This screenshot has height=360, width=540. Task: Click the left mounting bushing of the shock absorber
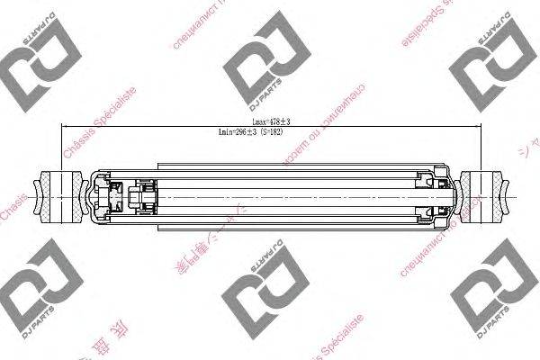pyautogui.click(x=58, y=196)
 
